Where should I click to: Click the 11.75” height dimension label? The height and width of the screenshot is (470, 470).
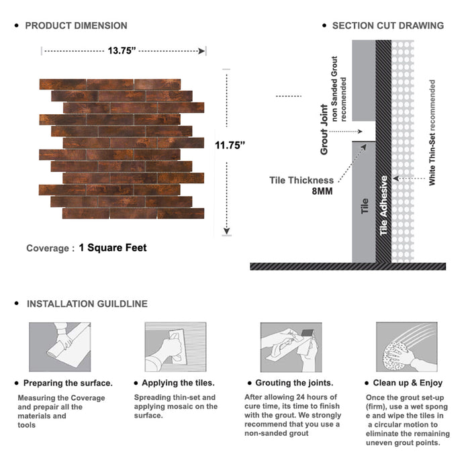point(230,145)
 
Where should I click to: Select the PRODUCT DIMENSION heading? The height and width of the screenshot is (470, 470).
point(76,26)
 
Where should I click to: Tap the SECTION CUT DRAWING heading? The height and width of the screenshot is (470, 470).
point(387,26)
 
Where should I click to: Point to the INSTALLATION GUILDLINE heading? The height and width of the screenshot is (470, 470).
point(87,303)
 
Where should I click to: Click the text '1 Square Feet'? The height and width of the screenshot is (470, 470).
point(112,248)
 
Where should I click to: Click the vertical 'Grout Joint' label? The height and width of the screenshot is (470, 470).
point(324,130)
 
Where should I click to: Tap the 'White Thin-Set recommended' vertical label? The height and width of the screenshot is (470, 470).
point(432,132)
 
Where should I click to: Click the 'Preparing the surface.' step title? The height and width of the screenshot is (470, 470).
point(68,383)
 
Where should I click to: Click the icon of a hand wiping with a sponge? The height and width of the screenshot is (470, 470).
point(407,347)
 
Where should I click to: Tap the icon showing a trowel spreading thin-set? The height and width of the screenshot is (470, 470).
point(175,347)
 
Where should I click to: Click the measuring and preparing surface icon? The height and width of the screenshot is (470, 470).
point(60,347)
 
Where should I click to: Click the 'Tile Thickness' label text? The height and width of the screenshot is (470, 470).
point(301,180)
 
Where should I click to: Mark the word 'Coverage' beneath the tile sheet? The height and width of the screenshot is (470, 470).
point(47,248)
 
